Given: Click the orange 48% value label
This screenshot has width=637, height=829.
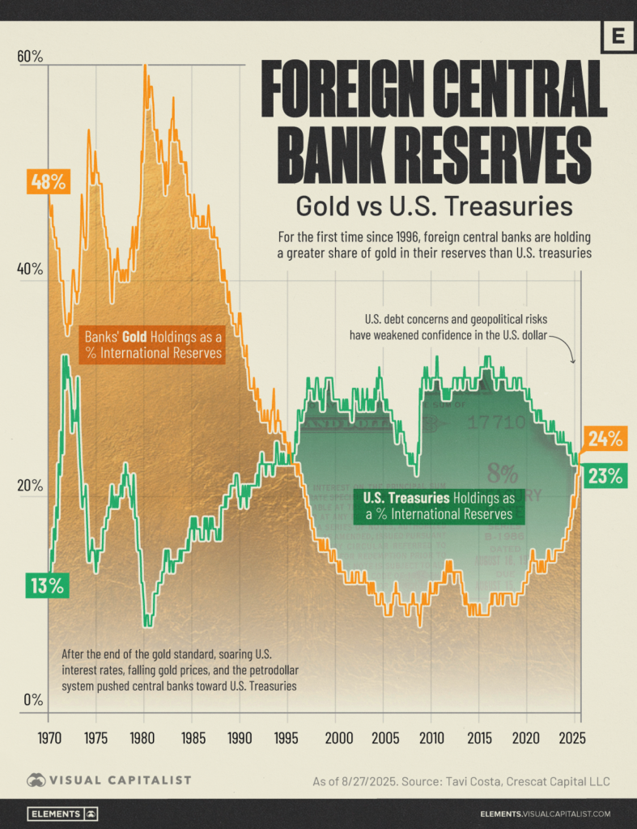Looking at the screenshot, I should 47,182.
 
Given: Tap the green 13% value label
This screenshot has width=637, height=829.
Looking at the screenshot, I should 47,585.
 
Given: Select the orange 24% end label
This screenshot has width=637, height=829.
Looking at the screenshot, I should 605,440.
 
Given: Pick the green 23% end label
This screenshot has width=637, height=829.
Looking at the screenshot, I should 605,476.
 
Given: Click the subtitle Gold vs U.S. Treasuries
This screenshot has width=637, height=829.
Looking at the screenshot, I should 434,206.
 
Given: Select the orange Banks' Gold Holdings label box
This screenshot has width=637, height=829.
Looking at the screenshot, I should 154,345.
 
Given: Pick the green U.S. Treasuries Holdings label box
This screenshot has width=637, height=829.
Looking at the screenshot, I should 438,506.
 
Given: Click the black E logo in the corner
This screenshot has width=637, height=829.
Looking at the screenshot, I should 618,37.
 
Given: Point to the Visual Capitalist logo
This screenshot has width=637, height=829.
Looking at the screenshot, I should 109,780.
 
